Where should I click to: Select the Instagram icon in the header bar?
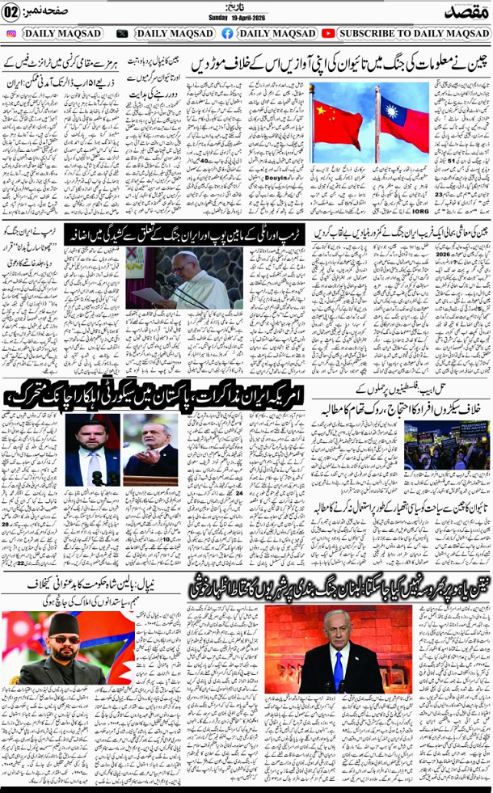point(11,33)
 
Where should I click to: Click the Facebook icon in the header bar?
point(227,33)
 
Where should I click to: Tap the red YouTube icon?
point(327,33)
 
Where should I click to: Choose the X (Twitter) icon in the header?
point(122,33)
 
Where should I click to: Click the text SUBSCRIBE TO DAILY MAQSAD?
point(413,33)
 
